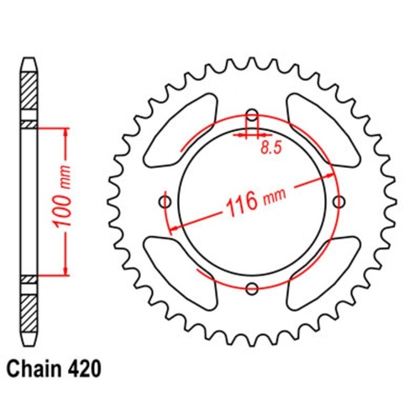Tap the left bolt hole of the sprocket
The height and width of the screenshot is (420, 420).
pyautogui.click(x=165, y=202)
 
